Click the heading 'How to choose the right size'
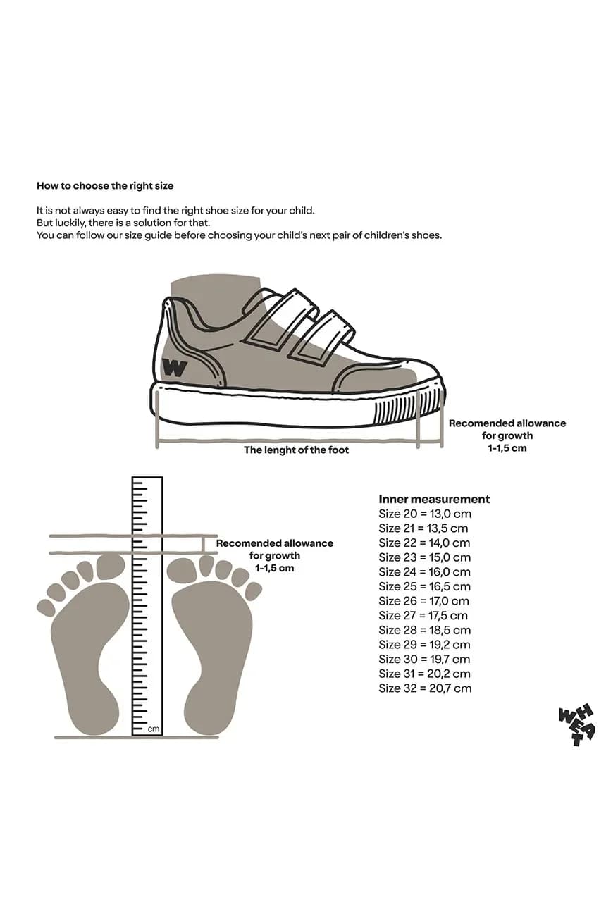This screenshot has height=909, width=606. (x=104, y=186)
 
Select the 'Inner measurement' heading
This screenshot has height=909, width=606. (x=433, y=499)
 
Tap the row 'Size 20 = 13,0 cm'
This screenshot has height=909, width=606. (x=424, y=514)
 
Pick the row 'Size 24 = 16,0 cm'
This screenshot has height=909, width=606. (x=424, y=572)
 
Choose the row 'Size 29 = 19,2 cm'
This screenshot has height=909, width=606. (x=424, y=645)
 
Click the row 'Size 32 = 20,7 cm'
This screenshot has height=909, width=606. (x=424, y=688)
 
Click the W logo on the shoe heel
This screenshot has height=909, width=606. (x=174, y=367)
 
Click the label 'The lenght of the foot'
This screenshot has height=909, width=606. (x=296, y=450)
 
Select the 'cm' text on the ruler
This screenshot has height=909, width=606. (x=154, y=729)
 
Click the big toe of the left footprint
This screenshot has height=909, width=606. (x=110, y=567)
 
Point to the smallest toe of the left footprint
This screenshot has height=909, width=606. (x=47, y=608)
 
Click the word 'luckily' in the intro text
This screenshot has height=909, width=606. (x=69, y=223)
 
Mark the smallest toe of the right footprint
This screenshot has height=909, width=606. (x=253, y=591)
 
